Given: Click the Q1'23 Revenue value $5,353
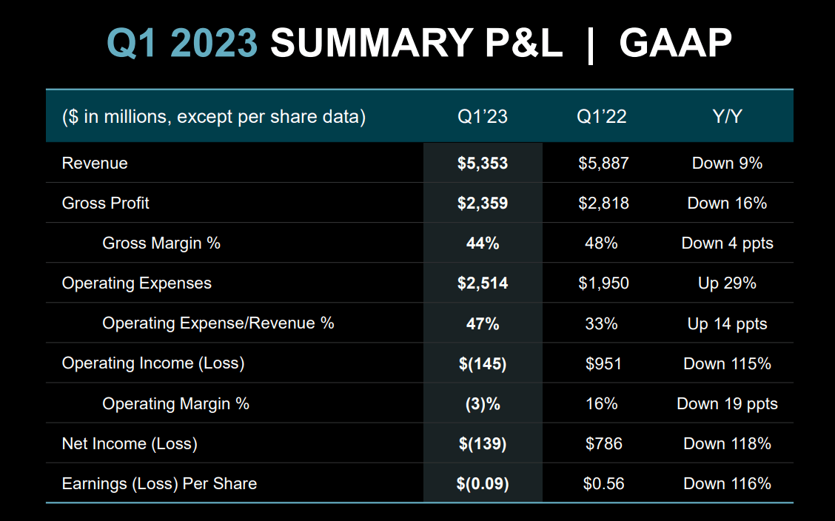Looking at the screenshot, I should [483, 163].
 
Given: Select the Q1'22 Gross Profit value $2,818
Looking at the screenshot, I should [603, 203].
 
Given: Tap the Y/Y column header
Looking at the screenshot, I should [727, 117].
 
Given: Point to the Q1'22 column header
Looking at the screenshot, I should [602, 117].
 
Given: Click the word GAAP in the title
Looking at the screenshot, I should [675, 44].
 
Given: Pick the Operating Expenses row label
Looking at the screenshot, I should [137, 283].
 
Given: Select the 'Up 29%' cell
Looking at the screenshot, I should [727, 283].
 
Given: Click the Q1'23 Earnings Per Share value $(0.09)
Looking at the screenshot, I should [483, 484].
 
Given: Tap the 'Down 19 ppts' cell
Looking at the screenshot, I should [727, 404].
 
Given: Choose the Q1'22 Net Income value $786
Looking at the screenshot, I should [603, 444].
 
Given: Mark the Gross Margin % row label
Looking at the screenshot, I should [161, 243].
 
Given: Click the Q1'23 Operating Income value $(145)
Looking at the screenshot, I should [483, 364].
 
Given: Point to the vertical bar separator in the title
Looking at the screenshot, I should [590, 44].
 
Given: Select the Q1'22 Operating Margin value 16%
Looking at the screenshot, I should [602, 404].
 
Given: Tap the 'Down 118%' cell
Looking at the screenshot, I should [727, 444].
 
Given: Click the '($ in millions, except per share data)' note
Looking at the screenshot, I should [214, 117].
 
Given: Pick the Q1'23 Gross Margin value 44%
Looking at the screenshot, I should [483, 243].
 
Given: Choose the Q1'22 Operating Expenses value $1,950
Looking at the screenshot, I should [603, 283].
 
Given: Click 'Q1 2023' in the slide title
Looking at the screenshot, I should [182, 44].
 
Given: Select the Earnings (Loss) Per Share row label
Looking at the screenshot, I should [159, 484].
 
